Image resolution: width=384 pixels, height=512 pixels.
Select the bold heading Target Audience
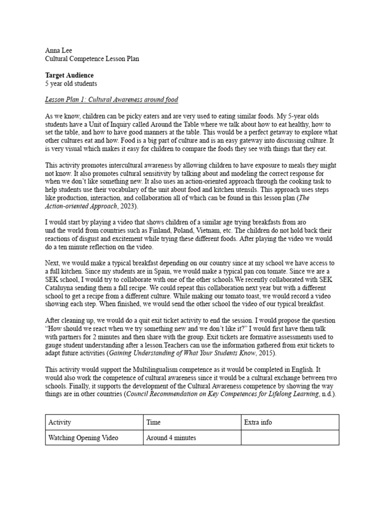[x=69, y=75]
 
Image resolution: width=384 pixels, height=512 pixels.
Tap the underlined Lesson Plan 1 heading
[x=111, y=99]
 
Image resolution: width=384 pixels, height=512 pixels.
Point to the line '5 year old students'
[x=71, y=83]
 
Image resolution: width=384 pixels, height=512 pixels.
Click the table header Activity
[x=60, y=422]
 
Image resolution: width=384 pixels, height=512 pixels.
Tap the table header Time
[x=153, y=422]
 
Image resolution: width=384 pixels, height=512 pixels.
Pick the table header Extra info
[x=258, y=422]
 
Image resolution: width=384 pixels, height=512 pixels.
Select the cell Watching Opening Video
[x=83, y=438]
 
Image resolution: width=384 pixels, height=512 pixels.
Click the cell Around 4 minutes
[x=171, y=438]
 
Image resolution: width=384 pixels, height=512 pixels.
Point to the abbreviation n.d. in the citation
[x=326, y=394]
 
